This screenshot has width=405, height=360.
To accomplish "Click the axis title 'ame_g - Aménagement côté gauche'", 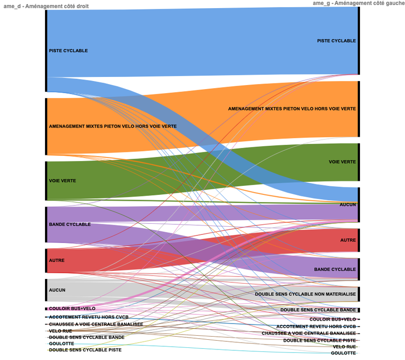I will click(358, 3).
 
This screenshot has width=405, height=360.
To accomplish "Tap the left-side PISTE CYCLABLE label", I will click(68, 51).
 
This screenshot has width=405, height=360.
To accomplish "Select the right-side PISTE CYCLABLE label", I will click(336, 41).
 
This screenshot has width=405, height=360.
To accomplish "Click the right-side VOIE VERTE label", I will click(342, 162).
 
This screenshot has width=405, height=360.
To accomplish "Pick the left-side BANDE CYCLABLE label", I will click(70, 224).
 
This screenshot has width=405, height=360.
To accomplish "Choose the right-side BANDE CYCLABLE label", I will click(335, 269).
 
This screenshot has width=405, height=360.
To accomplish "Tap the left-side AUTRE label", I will click(57, 260).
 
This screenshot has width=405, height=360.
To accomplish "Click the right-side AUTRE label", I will click(348, 240).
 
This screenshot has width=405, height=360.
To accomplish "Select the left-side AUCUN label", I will click(57, 290).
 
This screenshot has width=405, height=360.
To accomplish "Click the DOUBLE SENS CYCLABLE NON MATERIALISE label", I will click(305, 294).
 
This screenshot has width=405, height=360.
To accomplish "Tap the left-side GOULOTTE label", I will click(61, 343).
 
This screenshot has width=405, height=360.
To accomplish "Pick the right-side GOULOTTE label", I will click(343, 353).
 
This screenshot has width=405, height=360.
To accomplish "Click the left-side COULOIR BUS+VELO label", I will click(72, 308).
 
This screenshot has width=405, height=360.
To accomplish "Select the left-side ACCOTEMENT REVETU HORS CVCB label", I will click(85, 317).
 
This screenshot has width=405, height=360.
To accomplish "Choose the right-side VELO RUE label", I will click(344, 347).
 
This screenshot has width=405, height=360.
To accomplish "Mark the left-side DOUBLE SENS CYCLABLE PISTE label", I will click(85, 350).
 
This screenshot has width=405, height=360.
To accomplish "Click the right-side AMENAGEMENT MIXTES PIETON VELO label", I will click(292, 109).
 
